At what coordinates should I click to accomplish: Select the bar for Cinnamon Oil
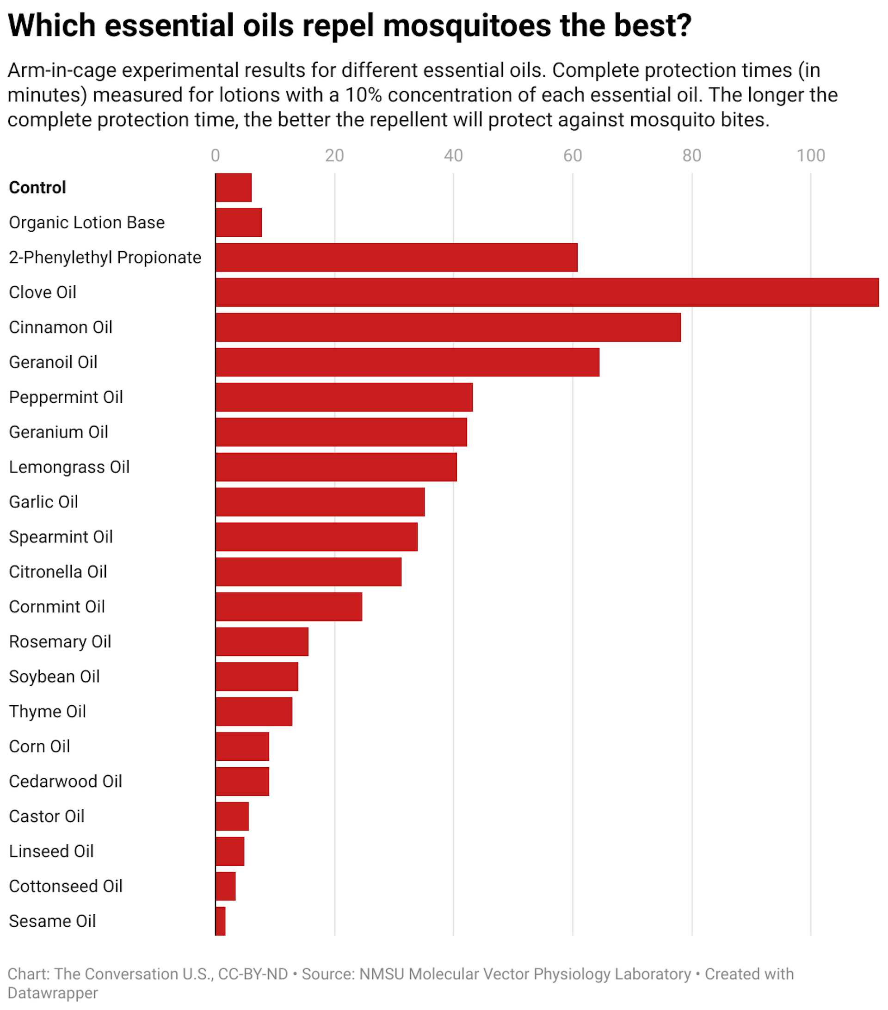448,327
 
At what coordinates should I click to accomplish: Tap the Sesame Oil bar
221,921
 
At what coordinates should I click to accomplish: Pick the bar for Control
233,187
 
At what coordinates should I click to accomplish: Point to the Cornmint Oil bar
289,606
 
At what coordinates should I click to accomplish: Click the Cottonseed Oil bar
225,886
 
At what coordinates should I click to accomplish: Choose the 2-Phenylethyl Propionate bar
396,257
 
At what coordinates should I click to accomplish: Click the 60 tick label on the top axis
572,156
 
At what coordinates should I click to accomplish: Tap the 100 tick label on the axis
810,156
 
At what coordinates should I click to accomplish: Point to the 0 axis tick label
215,156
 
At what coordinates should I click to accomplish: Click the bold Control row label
37,188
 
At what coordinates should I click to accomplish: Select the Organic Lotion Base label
87,222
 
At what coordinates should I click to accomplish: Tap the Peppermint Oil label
66,397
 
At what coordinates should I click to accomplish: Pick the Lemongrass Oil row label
69,467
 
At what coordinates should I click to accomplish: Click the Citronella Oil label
58,572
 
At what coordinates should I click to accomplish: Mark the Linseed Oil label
51,851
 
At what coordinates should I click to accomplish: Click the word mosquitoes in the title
467,26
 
